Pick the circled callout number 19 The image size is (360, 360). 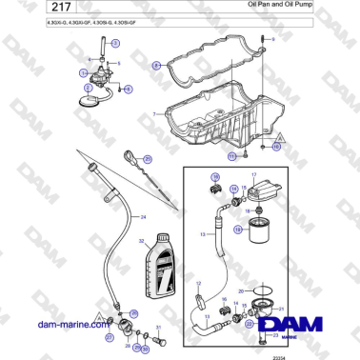point(214,177)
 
